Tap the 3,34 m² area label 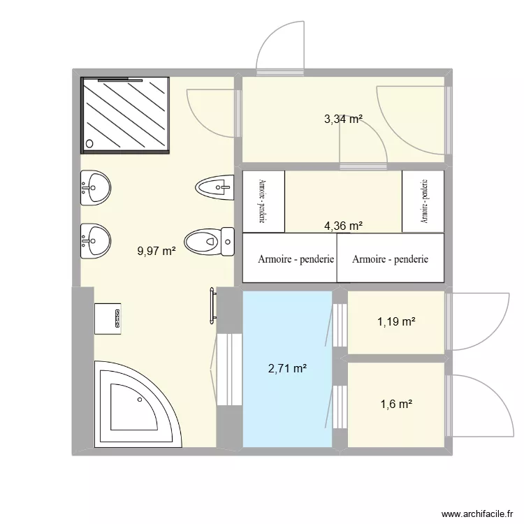click(x=342, y=119)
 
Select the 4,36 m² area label click(x=342, y=226)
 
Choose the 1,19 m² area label click(x=396, y=322)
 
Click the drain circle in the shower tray click(x=89, y=144)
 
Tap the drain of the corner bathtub click(x=140, y=400)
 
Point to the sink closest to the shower click(x=95, y=187)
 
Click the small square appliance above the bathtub click(x=109, y=318)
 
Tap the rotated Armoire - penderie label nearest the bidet click(x=263, y=201)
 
